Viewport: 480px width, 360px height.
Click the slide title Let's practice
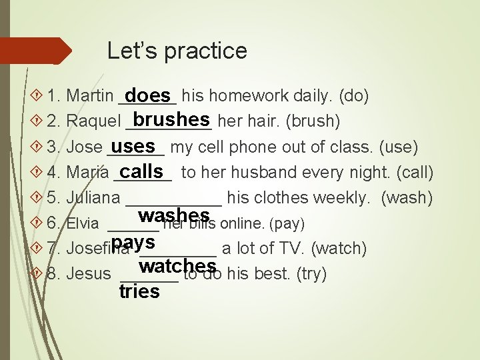(x=177, y=51)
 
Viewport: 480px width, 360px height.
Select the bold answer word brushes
(x=171, y=119)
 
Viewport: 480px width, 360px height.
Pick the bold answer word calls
(x=141, y=171)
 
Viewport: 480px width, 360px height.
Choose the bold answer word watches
(x=177, y=266)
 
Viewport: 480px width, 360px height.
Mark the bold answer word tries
(x=139, y=291)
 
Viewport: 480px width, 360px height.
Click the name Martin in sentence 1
(x=90, y=97)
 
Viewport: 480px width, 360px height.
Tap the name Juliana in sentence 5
(x=93, y=198)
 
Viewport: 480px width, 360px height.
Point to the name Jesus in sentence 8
(x=89, y=274)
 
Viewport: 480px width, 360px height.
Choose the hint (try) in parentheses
(x=311, y=274)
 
